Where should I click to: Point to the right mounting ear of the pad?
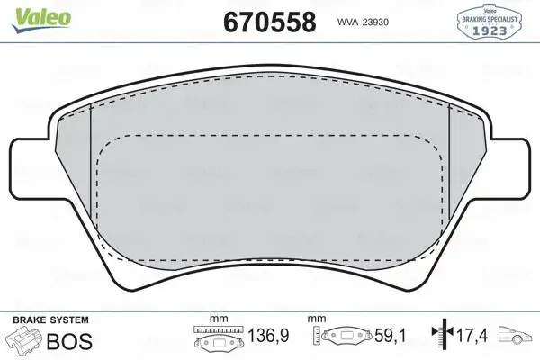click(x=510, y=167)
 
